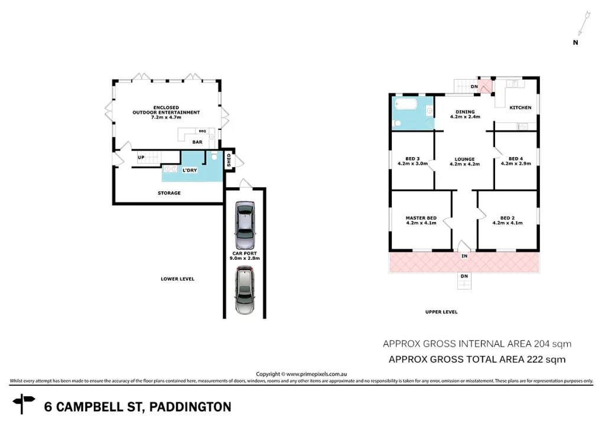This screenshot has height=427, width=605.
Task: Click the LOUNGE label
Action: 464,159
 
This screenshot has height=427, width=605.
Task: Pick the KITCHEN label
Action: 521,107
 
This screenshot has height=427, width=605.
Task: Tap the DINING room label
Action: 465,112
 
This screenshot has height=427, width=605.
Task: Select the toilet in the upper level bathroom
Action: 398,122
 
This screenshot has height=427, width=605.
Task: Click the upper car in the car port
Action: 245,226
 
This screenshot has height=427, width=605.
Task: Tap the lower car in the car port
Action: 245,289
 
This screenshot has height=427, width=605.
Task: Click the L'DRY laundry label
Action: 189,171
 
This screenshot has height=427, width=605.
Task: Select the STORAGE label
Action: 169,193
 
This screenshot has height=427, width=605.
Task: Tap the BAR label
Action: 197,142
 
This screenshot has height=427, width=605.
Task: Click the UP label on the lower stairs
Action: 141,157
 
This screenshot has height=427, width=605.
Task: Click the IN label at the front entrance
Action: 464,256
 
